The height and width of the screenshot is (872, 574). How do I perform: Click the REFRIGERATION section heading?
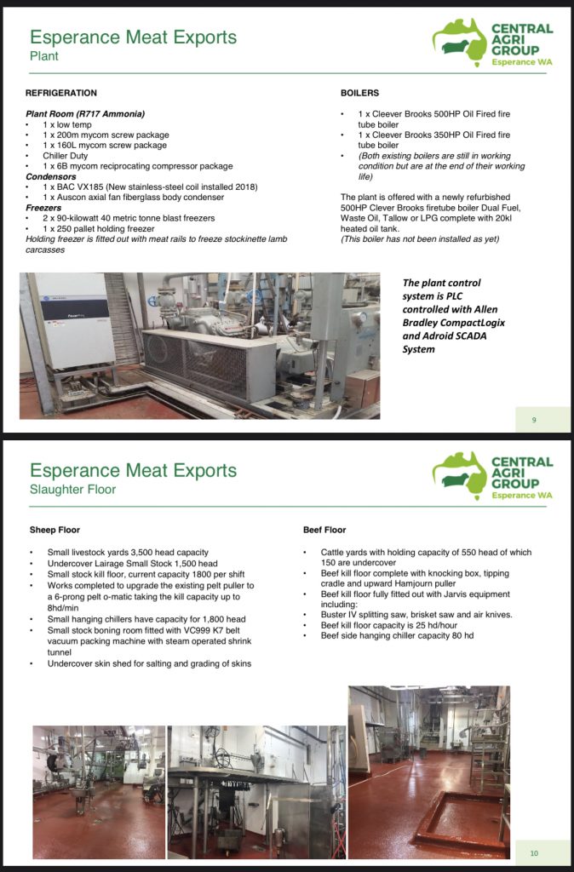click(x=61, y=93)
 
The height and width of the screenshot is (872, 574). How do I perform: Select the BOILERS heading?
click(x=359, y=93)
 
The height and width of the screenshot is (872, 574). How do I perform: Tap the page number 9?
click(x=533, y=419)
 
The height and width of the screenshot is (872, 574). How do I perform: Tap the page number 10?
click(x=534, y=853)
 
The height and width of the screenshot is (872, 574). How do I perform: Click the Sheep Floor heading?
click(x=55, y=530)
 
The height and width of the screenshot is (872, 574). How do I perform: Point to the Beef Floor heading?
click(x=324, y=530)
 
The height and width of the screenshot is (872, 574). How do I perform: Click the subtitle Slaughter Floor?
click(x=72, y=490)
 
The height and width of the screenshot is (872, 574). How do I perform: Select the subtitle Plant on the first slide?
click(x=44, y=56)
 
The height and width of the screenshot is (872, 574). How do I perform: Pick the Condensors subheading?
click(x=54, y=177)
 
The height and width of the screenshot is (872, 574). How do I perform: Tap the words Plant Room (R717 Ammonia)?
click(x=85, y=114)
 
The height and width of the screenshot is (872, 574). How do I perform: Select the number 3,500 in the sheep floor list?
click(x=139, y=553)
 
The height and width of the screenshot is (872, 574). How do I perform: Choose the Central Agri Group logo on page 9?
click(x=492, y=43)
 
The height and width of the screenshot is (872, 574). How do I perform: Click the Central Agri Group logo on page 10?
click(x=492, y=477)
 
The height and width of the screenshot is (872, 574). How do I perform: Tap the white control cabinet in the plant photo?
click(x=77, y=320)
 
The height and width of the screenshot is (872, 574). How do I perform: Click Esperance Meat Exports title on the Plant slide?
click(x=133, y=37)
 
